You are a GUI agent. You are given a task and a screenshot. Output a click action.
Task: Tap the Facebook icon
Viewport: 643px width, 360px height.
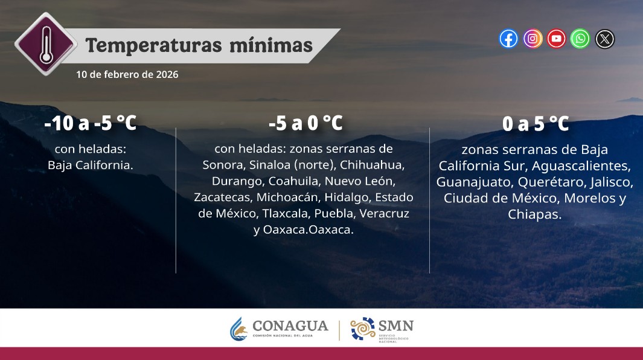[x=508, y=39]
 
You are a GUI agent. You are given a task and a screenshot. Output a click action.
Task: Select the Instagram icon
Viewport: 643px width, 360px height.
[x=533, y=39]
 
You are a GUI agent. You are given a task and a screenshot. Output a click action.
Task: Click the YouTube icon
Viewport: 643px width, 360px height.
[x=557, y=39]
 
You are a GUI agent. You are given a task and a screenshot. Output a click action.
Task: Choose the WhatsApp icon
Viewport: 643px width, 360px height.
[x=580, y=39]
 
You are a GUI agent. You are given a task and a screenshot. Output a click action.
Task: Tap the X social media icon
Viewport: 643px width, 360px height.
[x=605, y=39]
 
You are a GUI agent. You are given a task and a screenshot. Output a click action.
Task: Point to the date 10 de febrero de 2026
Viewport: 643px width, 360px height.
[x=127, y=74]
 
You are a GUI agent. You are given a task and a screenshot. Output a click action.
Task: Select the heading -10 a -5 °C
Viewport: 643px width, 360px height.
[x=91, y=123]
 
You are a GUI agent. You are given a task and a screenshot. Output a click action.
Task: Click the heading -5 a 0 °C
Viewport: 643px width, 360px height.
[x=306, y=123]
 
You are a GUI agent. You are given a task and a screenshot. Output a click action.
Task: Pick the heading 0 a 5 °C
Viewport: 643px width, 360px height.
[x=536, y=123]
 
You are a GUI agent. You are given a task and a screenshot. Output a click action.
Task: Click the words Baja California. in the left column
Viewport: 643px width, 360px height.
[x=91, y=164]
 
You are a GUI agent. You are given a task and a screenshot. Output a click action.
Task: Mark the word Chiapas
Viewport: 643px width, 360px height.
[x=535, y=214]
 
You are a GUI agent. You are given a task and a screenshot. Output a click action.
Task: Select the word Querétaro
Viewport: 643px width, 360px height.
[x=542, y=181]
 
